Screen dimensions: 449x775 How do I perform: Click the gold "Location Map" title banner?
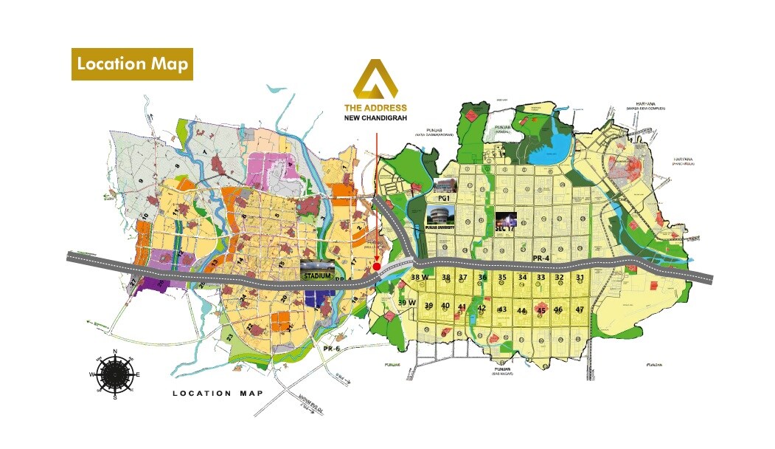[x=132, y=64]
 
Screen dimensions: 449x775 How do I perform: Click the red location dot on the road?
[x=377, y=267]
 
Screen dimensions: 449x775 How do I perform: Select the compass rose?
[x=115, y=374]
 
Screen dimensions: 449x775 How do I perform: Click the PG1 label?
[x=443, y=199]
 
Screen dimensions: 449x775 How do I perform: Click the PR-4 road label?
[x=542, y=257]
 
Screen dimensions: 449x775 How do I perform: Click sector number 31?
[x=580, y=278]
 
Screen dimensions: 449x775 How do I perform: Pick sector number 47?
[x=580, y=309]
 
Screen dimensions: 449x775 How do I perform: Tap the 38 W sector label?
[x=420, y=278]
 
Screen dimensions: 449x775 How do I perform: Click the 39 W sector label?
[x=407, y=303]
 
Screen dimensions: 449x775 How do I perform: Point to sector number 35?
[x=502, y=278]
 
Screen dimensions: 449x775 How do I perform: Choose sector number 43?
[x=502, y=309]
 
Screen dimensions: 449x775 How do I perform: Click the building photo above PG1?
[x=445, y=185]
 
